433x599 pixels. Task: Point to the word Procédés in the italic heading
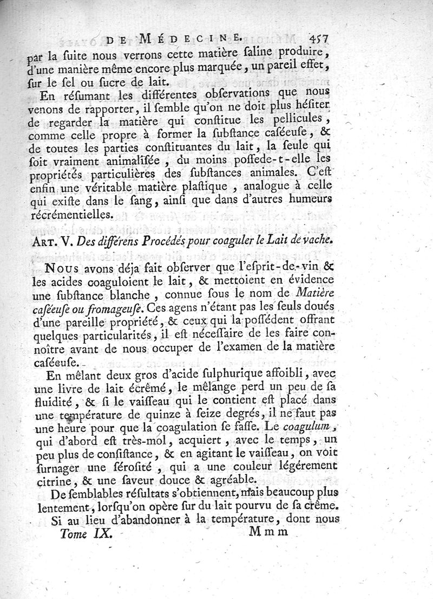[x=180, y=240]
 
